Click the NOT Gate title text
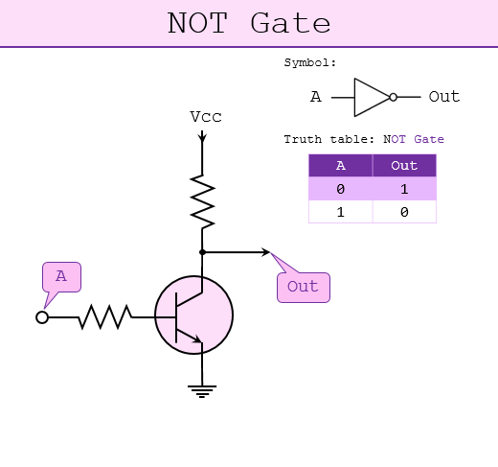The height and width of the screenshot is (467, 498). [249, 23]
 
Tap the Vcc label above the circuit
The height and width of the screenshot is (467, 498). [205, 117]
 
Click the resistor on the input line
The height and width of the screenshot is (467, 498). [104, 316]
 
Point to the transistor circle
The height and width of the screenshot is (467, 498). [193, 316]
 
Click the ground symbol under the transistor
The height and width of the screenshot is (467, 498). [201, 389]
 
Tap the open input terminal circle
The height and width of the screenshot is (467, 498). [42, 317]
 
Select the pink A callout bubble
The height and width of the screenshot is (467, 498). [61, 277]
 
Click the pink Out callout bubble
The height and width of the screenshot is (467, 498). [303, 287]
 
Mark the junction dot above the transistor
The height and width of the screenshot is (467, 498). [202, 252]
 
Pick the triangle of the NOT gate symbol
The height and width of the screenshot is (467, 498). [370, 97]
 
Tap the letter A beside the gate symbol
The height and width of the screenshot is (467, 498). [315, 97]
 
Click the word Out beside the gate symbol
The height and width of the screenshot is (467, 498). [443, 97]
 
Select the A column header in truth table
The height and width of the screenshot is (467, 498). [340, 166]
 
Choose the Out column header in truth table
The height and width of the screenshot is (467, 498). [404, 166]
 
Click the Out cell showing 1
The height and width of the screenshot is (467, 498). [404, 189]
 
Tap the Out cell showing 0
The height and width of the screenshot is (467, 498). [404, 212]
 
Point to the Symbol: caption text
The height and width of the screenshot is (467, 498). [310, 63]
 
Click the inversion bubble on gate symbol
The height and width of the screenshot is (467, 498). [393, 97]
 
